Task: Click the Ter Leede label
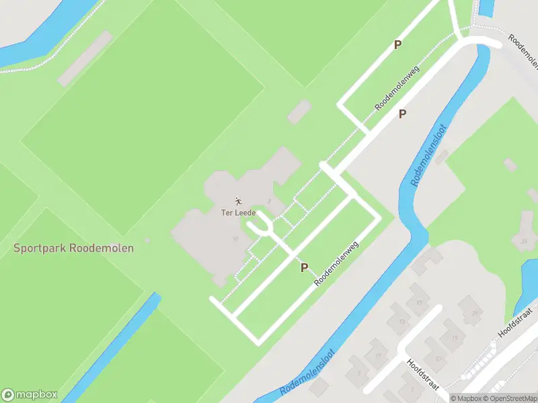click(x=239, y=213)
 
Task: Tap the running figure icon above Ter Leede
click(x=237, y=201)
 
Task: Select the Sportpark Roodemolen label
click(x=74, y=248)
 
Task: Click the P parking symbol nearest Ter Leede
click(x=304, y=267)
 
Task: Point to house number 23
click(x=523, y=240)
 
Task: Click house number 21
click(x=475, y=313)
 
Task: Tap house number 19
click(x=455, y=338)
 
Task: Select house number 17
click(x=438, y=358)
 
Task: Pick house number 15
click(x=419, y=302)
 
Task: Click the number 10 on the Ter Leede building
click(x=235, y=238)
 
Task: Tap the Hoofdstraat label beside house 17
click(x=422, y=373)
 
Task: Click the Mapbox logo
click(x=30, y=395)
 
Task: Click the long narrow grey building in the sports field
click(x=85, y=59)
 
